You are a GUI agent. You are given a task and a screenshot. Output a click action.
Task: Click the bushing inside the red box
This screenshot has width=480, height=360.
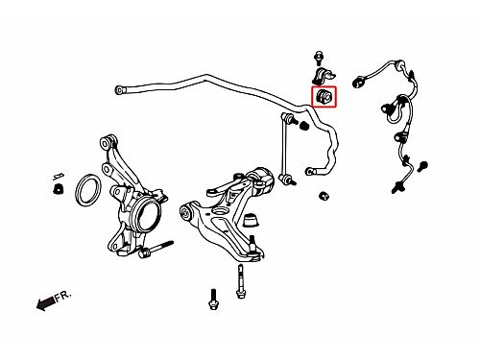click(x=324, y=96)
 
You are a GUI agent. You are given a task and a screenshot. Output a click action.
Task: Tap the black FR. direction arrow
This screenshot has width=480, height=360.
click(x=45, y=303)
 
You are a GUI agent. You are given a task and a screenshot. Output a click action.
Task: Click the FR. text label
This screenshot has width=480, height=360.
click(x=62, y=296)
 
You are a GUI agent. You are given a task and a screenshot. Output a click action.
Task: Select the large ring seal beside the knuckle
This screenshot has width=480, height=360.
click(x=88, y=190)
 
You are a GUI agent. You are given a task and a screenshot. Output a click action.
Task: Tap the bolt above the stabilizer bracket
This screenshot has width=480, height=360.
click(x=319, y=58)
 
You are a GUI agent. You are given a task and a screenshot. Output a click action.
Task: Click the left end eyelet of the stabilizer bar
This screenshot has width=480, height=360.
click(x=119, y=89)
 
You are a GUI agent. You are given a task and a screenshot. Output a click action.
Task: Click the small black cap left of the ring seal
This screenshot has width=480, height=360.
click(x=58, y=188)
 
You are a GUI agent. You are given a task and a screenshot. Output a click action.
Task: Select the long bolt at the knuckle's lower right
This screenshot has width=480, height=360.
click(x=156, y=249)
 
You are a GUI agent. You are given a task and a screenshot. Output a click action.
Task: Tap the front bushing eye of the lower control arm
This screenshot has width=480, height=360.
click(x=185, y=211)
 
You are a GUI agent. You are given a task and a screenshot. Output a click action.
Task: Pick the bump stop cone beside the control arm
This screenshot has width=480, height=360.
click(x=251, y=220)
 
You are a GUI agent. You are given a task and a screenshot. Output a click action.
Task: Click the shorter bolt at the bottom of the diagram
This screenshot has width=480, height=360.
click(x=213, y=300)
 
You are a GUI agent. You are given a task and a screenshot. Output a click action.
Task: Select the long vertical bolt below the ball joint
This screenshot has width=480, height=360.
click(x=241, y=281)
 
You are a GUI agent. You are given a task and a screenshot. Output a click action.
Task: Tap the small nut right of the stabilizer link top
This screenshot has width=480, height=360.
click(x=304, y=126)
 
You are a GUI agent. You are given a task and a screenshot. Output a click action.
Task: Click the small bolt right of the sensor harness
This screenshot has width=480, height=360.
click(x=422, y=166)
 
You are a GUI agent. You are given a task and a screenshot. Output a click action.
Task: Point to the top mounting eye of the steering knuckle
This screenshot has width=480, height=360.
click(x=106, y=141)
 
